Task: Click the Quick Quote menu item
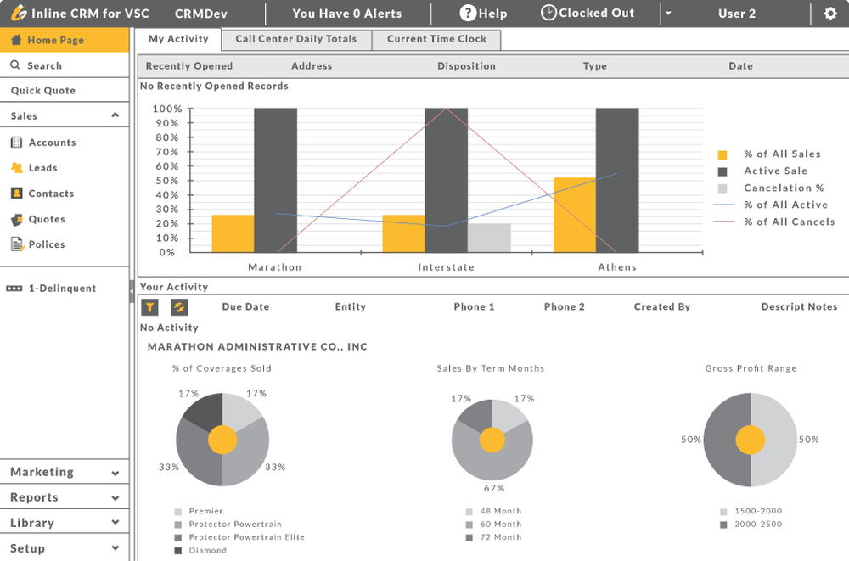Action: (43, 91)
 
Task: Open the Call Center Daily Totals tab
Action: (296, 39)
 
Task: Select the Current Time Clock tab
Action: (436, 39)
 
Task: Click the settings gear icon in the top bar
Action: (829, 14)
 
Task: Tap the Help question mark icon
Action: (468, 13)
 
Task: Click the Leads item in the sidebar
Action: (42, 168)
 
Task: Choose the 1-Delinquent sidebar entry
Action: (62, 289)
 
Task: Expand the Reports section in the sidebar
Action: (65, 497)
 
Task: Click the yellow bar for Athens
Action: (574, 215)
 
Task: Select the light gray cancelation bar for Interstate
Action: (489, 238)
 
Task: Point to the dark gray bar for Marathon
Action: (276, 180)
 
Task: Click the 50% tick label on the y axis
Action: (166, 181)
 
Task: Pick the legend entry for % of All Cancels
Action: (789, 222)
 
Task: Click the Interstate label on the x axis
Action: (446, 267)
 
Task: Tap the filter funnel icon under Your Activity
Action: (149, 307)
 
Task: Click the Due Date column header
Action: (245, 307)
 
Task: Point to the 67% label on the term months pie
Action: (494, 488)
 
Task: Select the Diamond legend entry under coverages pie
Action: (207, 551)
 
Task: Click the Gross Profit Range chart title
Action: (751, 368)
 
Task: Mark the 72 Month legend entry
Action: (500, 537)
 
